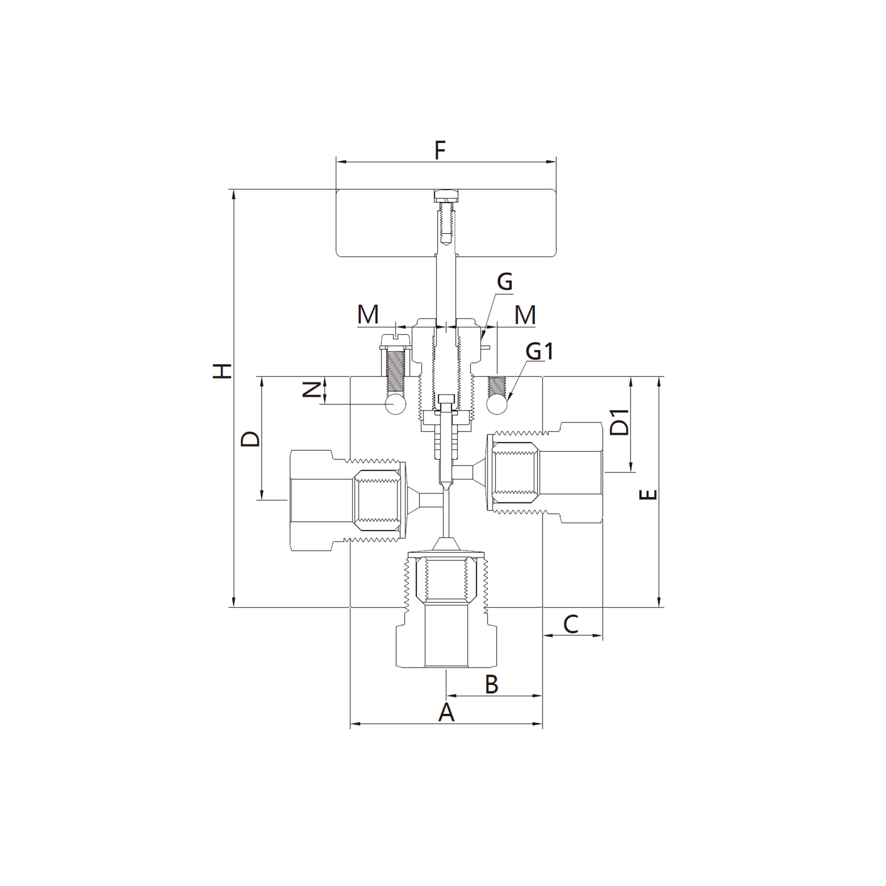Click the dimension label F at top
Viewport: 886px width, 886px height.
coord(440,151)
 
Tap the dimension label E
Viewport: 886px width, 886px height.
coord(648,495)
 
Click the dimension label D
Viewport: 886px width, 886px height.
coord(250,439)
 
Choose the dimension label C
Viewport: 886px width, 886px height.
coord(571,624)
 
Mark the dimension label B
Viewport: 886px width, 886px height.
coord(491,685)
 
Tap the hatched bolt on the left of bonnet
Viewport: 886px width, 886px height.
coord(395,369)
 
